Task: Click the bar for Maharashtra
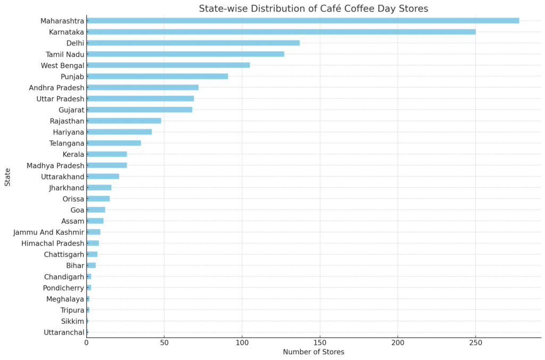(302, 21)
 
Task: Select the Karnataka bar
(280, 32)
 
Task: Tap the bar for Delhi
(193, 43)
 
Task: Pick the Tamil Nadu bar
(185, 54)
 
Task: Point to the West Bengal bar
(168, 65)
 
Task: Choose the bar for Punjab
(157, 77)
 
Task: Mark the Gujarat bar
(139, 110)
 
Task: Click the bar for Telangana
(114, 143)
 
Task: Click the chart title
(313, 9)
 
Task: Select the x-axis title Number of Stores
(313, 352)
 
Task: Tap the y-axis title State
(7, 177)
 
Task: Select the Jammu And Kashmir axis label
(49, 232)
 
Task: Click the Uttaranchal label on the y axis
(64, 333)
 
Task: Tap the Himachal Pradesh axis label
(53, 244)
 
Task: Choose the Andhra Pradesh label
(56, 88)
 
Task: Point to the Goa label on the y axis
(77, 210)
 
